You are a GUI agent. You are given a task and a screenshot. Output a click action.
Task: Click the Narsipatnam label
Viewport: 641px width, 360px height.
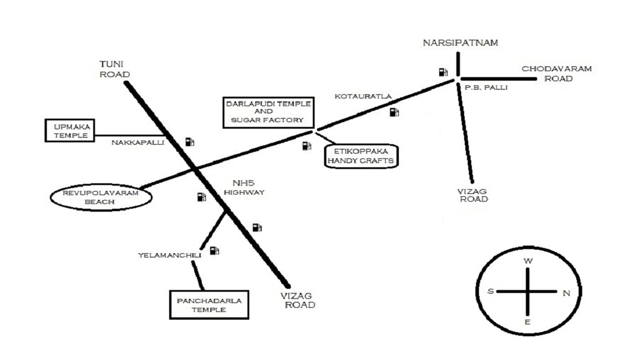[x=461, y=43]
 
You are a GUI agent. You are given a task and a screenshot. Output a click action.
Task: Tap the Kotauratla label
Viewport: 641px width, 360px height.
[x=363, y=97]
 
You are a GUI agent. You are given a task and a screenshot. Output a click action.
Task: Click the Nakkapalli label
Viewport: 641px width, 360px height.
[x=138, y=142]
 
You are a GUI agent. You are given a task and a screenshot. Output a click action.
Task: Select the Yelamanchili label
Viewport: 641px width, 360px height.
[x=170, y=256]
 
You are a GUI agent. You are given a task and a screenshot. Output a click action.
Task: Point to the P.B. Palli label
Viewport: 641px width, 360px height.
[x=486, y=87]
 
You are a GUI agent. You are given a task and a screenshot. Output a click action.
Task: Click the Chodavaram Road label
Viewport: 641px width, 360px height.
[x=557, y=74]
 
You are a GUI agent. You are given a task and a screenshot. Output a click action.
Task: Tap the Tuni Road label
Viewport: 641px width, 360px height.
[x=115, y=69]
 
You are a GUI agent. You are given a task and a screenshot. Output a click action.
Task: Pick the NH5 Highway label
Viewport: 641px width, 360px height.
[x=244, y=187]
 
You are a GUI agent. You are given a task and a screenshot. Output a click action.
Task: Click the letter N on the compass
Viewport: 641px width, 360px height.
[x=566, y=294]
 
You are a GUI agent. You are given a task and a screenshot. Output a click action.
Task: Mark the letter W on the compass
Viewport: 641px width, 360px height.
[x=528, y=261]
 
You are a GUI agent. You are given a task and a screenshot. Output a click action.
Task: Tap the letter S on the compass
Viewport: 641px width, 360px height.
[x=491, y=291]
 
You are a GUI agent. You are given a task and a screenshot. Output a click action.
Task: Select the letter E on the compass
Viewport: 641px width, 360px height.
[x=528, y=322]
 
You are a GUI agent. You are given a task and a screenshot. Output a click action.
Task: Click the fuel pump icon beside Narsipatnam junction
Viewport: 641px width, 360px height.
[x=443, y=72]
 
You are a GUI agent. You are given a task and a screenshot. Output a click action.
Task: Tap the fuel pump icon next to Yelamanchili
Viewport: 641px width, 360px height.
[x=214, y=250]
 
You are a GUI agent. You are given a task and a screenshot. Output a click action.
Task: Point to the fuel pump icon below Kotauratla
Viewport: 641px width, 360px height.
[x=394, y=112]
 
